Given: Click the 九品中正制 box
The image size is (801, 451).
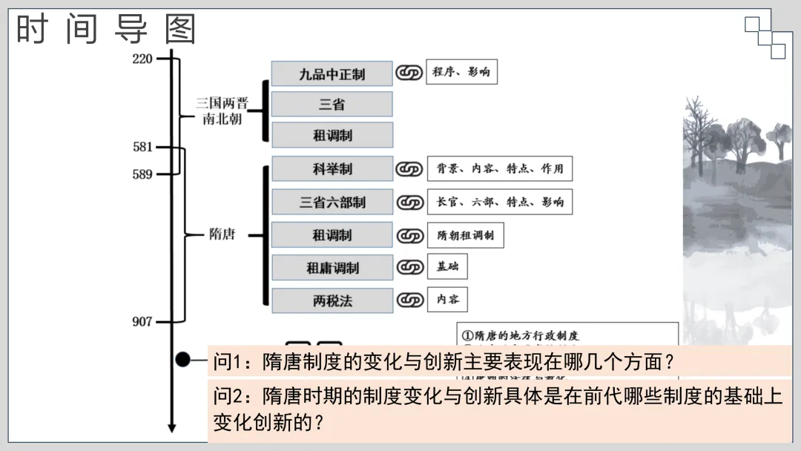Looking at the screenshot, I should point(332,73).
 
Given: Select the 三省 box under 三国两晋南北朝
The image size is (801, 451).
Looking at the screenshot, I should point(332,105).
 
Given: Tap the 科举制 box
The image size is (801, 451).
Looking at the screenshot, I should point(332,169).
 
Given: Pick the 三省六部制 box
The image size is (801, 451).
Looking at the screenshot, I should point(332,202).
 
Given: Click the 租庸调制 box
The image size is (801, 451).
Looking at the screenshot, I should point(332,268).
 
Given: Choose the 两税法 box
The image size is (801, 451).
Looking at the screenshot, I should point(332,300).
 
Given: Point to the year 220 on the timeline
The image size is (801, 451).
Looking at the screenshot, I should point(142,59).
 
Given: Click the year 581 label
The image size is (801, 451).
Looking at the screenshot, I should point(142,147).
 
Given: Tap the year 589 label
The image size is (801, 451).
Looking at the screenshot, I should point(142,174).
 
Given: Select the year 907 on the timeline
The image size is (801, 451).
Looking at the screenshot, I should point(142,321).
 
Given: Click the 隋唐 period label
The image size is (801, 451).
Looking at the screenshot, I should point(222,234).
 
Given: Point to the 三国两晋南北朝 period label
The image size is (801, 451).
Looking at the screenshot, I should point(222,111).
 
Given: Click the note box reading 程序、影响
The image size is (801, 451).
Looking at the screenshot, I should point(461,72).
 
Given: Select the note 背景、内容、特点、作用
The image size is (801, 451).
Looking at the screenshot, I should point(500,168).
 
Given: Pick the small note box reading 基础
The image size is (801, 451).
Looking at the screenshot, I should point(447,267).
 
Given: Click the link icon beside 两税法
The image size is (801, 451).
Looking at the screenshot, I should point(409,300).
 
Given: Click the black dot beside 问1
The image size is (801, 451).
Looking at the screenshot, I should point(182,360).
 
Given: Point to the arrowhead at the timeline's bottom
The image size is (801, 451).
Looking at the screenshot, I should point(171,427).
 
